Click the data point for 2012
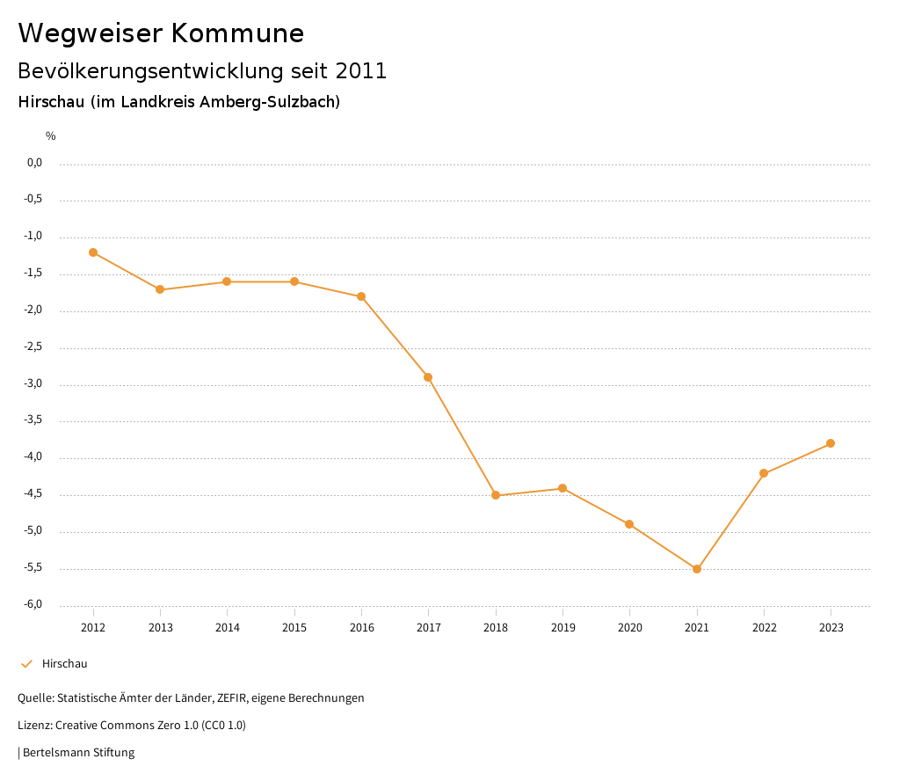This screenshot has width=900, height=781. tap(93, 252)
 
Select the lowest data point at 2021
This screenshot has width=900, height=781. tap(697, 569)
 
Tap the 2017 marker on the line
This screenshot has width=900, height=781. tap(428, 377)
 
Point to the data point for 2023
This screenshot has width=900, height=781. tap(831, 443)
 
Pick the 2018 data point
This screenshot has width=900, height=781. tap(496, 495)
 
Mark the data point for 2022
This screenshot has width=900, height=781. tap(764, 473)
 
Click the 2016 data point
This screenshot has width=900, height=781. tap(361, 296)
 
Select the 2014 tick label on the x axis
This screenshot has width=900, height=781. tap(227, 628)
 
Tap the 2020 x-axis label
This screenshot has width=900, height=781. tap(629, 628)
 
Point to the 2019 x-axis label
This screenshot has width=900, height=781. tap(562, 628)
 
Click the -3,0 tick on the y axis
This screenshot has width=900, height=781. tap(33, 384)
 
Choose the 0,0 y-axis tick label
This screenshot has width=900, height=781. tap(35, 163)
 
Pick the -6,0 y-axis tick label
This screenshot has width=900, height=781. tap(33, 605)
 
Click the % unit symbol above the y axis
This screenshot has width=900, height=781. tap(51, 136)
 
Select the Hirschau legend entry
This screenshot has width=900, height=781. tap(64, 664)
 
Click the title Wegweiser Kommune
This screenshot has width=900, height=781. tap(161, 33)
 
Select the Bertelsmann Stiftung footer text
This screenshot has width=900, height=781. tap(78, 753)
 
